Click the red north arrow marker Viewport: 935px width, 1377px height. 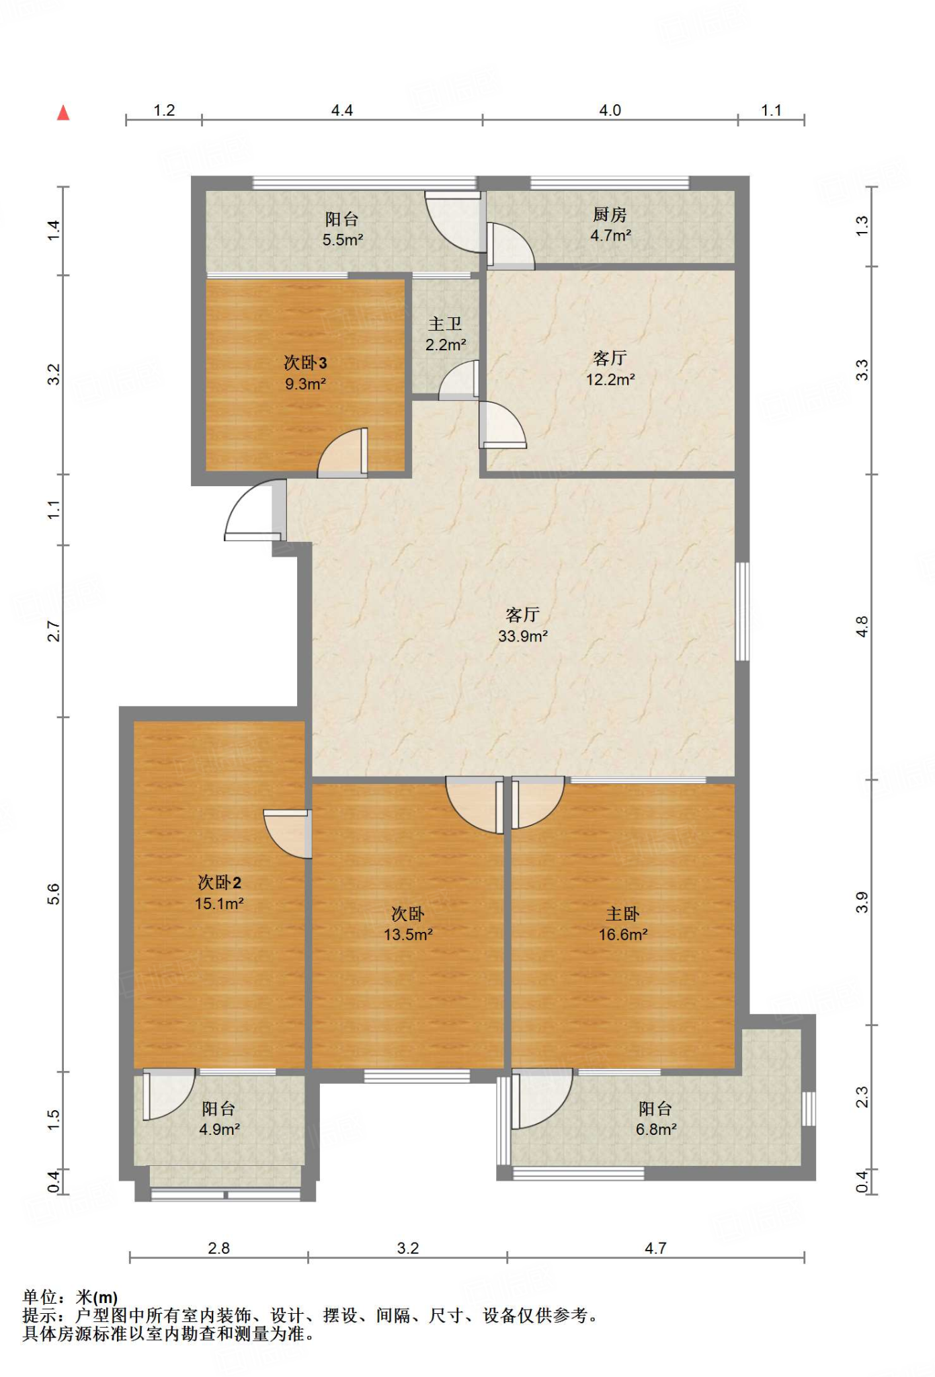click(x=63, y=112)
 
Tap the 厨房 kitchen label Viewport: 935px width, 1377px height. click(x=610, y=214)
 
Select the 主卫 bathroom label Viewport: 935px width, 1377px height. click(x=445, y=324)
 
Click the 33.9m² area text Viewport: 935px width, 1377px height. click(x=523, y=636)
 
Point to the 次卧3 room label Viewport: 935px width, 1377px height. click(x=305, y=363)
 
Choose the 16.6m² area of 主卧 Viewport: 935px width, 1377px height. click(x=623, y=935)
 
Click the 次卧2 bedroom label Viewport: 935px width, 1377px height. click(x=219, y=882)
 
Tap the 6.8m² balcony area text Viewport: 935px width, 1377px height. click(x=656, y=1130)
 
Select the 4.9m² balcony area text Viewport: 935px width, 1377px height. click(x=219, y=1130)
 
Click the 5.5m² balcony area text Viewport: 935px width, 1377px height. click(x=343, y=240)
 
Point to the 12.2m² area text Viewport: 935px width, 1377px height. click(x=610, y=380)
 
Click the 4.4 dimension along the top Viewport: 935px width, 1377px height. click(x=342, y=110)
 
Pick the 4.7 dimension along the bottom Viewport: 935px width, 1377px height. click(x=655, y=1249)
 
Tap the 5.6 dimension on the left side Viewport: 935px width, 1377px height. click(x=54, y=894)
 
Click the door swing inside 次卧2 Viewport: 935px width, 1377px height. click(x=288, y=834)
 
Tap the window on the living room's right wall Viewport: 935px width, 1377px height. click(x=742, y=611)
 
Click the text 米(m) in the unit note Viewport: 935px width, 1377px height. click(x=97, y=1297)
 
